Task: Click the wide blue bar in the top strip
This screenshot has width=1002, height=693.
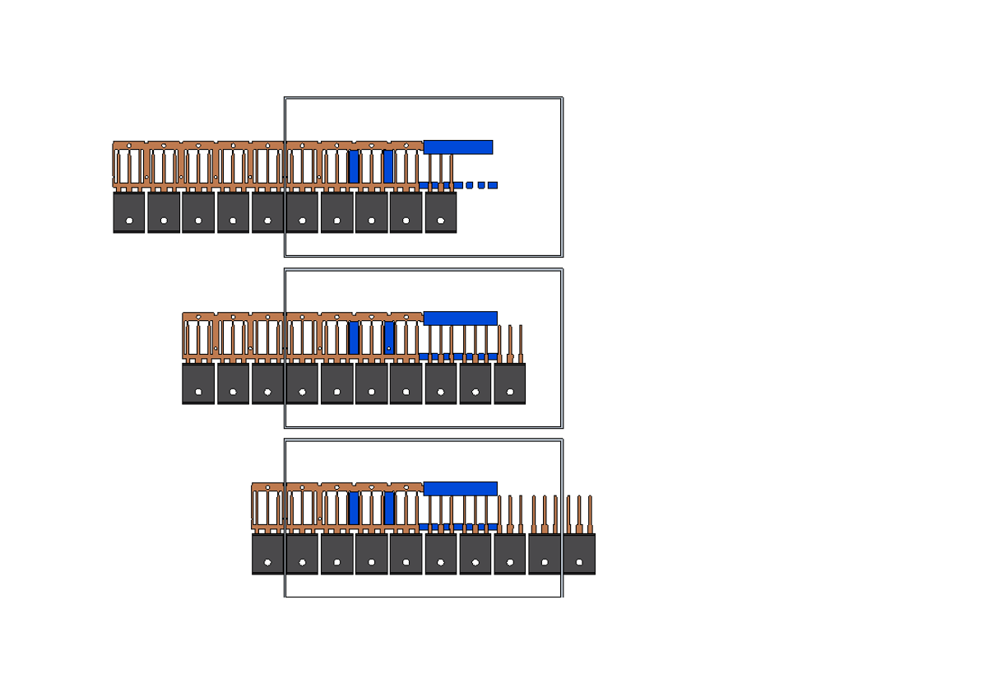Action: pyautogui.click(x=457, y=147)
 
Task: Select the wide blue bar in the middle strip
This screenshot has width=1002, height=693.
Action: pyautogui.click(x=460, y=319)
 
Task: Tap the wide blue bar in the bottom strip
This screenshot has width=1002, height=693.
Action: pyautogui.click(x=460, y=489)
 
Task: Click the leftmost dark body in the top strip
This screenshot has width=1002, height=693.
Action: pyautogui.click(x=129, y=212)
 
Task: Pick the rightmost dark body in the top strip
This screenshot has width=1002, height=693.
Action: pyautogui.click(x=441, y=212)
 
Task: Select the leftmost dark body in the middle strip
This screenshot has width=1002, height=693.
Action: pyautogui.click(x=198, y=384)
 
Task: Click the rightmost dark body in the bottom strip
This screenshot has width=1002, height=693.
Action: pyautogui.click(x=579, y=554)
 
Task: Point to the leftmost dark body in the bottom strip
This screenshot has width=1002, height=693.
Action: pyautogui.click(x=267, y=554)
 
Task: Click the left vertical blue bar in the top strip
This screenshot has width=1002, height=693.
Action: pyautogui.click(x=354, y=167)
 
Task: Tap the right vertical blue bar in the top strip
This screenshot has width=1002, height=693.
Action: pyautogui.click(x=388, y=167)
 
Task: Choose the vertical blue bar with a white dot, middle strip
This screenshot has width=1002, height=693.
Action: pyautogui.click(x=388, y=338)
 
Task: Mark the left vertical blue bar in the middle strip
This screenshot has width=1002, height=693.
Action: pyautogui.click(x=354, y=338)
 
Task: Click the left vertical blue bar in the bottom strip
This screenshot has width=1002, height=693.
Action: pyautogui.click(x=354, y=509)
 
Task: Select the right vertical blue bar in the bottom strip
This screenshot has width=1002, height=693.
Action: pyautogui.click(x=388, y=509)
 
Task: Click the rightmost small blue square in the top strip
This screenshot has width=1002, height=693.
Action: pyautogui.click(x=493, y=185)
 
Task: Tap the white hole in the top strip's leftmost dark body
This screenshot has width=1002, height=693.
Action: pyautogui.click(x=129, y=221)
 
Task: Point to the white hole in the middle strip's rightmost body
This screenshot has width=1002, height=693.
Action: pyautogui.click(x=510, y=392)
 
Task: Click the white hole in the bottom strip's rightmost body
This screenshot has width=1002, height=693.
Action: pyautogui.click(x=579, y=562)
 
